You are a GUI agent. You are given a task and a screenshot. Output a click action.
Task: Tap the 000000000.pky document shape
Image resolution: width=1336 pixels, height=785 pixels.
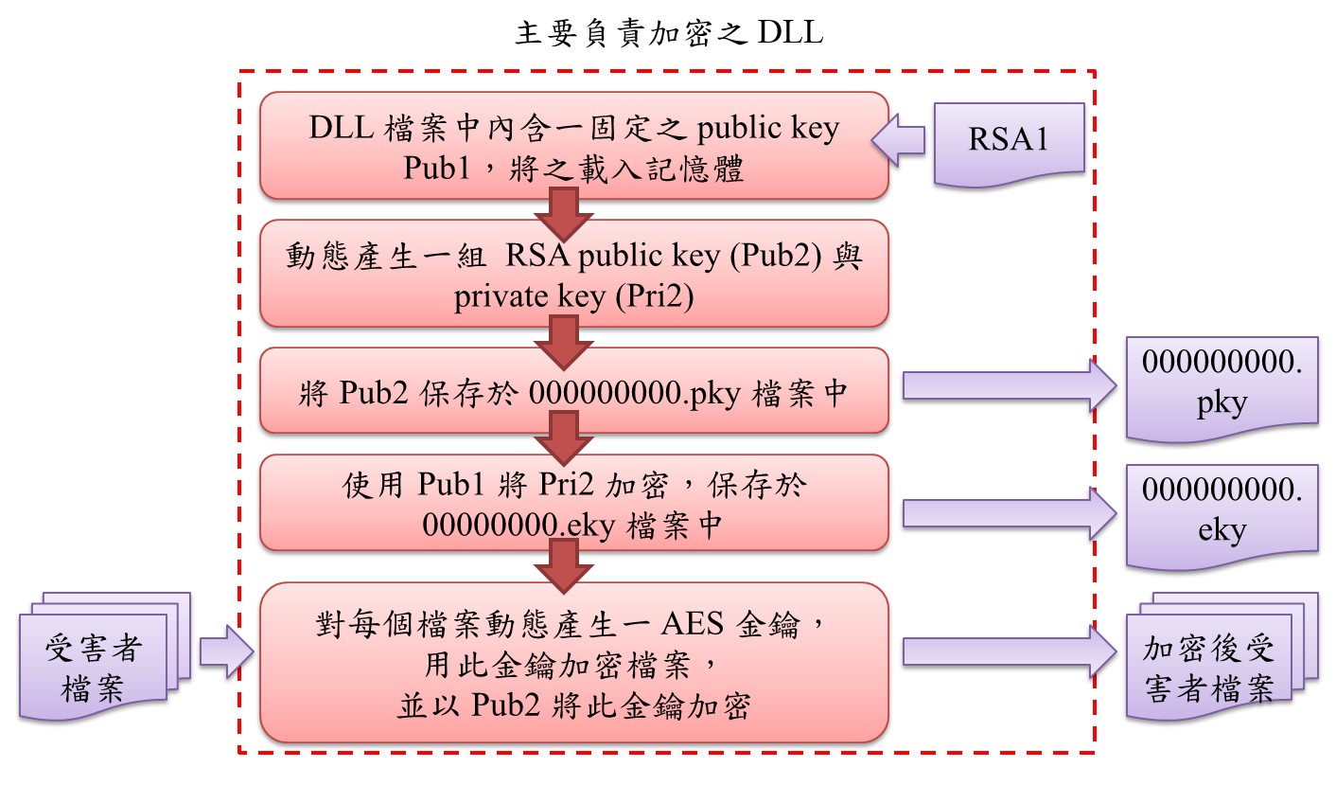(1222, 386)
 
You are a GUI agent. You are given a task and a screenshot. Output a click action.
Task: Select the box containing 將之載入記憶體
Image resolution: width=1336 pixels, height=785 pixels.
(573, 146)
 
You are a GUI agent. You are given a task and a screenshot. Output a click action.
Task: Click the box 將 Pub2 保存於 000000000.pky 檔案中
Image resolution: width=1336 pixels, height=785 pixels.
(573, 391)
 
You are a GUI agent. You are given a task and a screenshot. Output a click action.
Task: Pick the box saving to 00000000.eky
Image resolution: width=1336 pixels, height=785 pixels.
(573, 503)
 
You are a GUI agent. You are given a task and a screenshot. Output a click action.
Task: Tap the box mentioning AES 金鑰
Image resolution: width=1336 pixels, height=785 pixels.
(573, 663)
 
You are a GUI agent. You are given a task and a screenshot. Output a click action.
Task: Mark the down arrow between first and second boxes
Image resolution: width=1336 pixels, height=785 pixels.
(564, 213)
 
